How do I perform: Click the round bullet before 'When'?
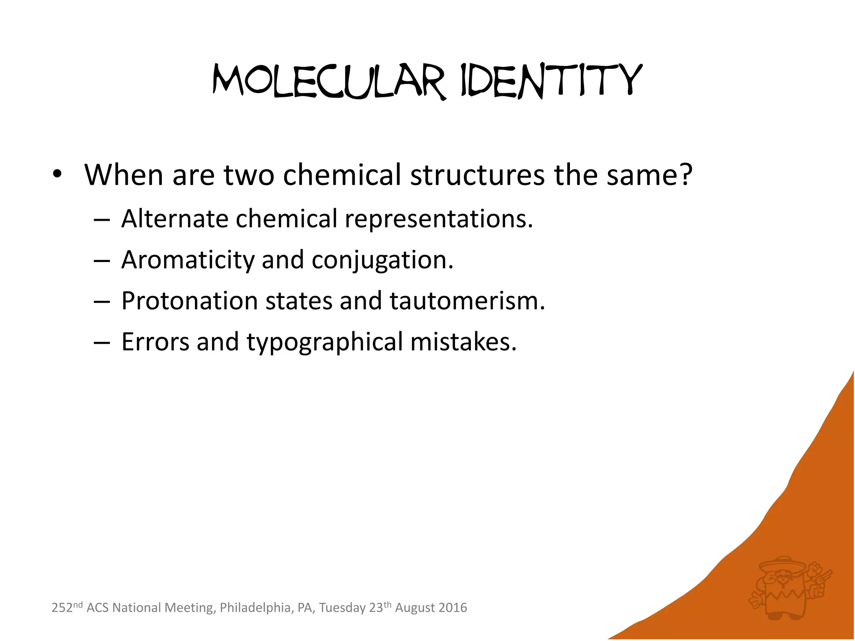(57, 174)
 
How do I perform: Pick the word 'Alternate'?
(175, 218)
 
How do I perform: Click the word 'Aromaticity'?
(187, 260)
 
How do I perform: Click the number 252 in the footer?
(62, 608)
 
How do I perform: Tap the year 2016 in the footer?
(453, 608)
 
